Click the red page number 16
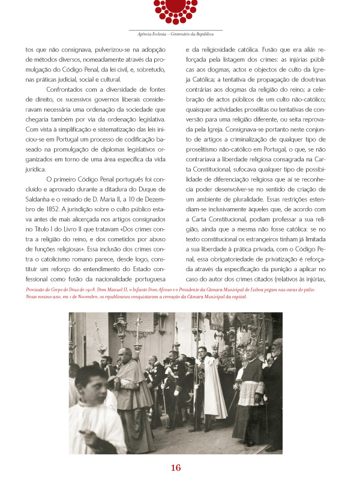pos(176,468)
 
